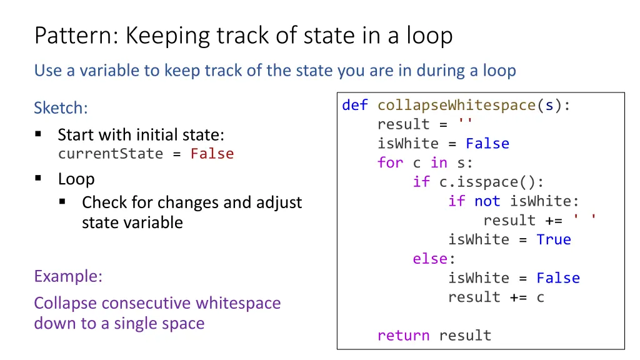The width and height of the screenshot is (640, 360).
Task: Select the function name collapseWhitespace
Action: coord(456,105)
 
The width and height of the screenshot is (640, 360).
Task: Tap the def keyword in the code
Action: coord(354,105)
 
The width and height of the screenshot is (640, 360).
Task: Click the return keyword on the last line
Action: coord(403,335)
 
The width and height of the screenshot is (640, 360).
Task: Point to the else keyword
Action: coord(429,259)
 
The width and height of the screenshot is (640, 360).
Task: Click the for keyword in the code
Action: coord(390,162)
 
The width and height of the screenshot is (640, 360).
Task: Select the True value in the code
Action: coord(553,239)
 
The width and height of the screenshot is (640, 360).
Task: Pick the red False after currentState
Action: coord(212,154)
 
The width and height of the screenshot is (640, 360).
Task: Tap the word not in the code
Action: coord(487,201)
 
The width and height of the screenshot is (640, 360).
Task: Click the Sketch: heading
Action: coord(61,108)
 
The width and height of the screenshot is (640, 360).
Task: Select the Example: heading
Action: coord(68,276)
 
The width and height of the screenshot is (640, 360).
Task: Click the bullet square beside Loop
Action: coord(38,179)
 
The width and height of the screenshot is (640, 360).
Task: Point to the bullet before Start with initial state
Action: coord(38,134)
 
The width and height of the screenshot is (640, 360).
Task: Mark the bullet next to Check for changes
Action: coord(62,202)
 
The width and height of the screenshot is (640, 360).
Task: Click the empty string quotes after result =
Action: coord(465,124)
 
